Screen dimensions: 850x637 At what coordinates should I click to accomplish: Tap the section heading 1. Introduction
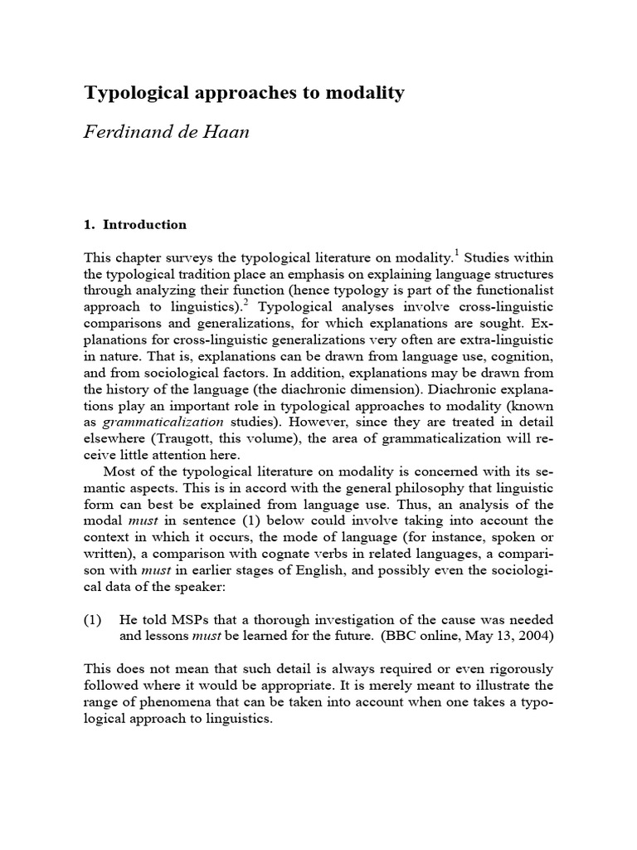click(x=135, y=225)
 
